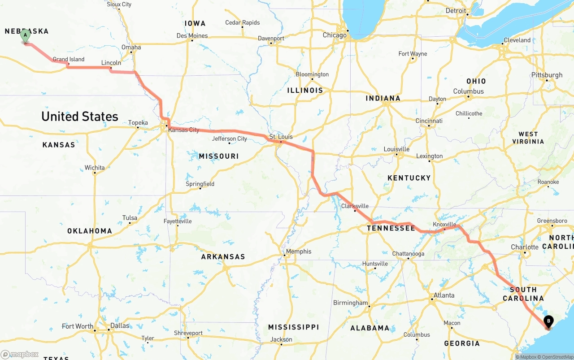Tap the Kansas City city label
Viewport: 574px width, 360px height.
[183, 130]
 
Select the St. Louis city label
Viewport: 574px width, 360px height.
[281, 137]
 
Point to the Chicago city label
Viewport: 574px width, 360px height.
[335, 35]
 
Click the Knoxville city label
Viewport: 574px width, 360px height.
[444, 224]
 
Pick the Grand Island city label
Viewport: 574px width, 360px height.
[69, 59]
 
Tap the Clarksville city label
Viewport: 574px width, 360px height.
[355, 206]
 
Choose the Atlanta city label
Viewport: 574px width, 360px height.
[443, 295]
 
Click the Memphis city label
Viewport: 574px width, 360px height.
[299, 252]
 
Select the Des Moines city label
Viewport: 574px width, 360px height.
[192, 35]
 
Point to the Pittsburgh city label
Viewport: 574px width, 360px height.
[547, 75]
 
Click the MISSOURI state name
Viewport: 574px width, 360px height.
[219, 156]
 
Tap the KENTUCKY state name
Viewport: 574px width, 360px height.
[409, 178]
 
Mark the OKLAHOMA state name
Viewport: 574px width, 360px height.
[90, 231]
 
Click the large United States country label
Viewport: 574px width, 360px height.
[80, 117]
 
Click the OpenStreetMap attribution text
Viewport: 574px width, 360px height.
[555, 357]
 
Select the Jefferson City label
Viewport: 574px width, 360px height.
[230, 139]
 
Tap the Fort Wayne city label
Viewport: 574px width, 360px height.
[413, 54]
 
